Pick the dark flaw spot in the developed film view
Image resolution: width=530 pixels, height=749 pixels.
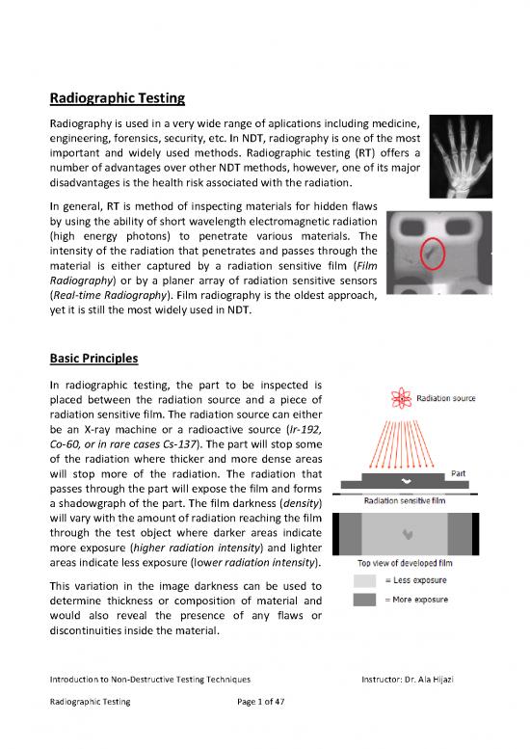tap(409, 532)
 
